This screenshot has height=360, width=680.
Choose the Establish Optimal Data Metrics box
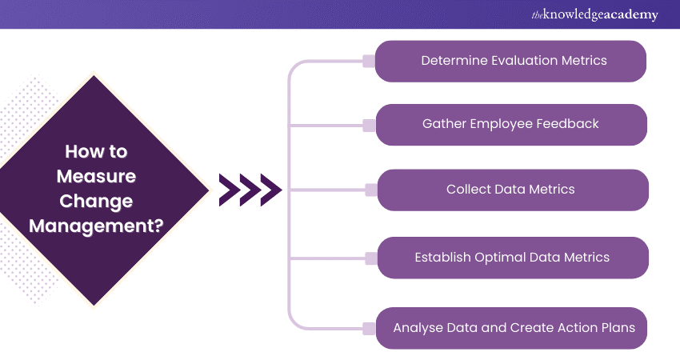pyautogui.click(x=512, y=258)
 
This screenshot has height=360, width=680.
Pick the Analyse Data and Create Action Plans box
pyautogui.click(x=512, y=328)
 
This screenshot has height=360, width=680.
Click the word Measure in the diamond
pyautogui.click(x=96, y=176)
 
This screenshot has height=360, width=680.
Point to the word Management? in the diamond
pyautogui.click(x=96, y=226)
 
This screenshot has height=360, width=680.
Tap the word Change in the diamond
pyautogui.click(x=96, y=201)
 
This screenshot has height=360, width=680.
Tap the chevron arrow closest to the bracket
pyautogui.click(x=270, y=190)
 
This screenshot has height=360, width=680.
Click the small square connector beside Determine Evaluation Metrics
pyautogui.click(x=369, y=61)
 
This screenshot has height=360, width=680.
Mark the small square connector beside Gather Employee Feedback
pyautogui.click(x=369, y=125)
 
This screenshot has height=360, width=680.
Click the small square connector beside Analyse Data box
pyautogui.click(x=369, y=328)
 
